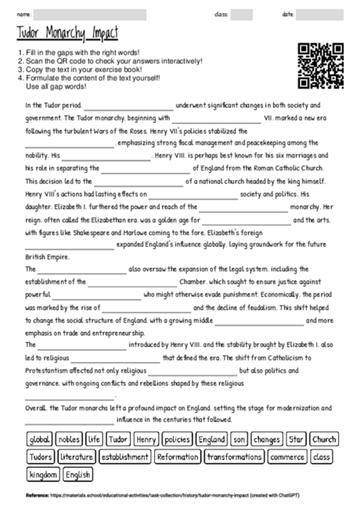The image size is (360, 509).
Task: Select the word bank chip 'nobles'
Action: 69,439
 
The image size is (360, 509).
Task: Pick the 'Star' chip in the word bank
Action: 296,439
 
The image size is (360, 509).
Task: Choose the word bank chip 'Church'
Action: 324,439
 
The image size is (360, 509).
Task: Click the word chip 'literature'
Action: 76,457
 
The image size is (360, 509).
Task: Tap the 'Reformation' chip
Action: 178,457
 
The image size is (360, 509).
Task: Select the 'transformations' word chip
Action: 235,457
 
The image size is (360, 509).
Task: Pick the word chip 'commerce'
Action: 287,457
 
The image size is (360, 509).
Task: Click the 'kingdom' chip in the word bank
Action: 44,475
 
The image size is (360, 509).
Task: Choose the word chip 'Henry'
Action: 146,439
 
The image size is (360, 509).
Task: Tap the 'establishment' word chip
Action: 124,457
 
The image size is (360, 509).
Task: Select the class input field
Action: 242,13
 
